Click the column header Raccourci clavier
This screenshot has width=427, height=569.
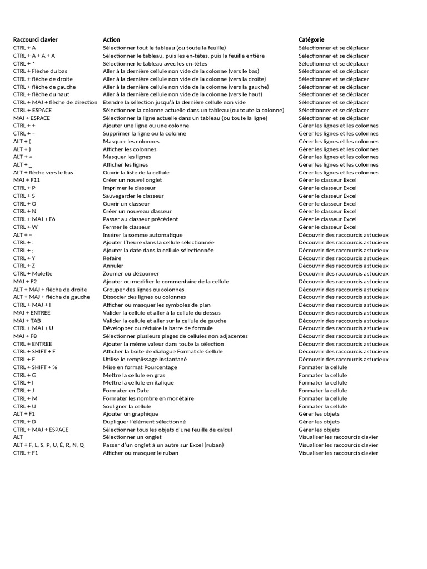click(35, 40)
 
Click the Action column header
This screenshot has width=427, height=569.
click(111, 40)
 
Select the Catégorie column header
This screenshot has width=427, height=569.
click(311, 40)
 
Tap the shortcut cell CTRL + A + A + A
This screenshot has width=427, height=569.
click(34, 56)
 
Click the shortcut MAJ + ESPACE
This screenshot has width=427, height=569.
click(32, 118)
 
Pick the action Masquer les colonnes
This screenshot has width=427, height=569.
click(131, 141)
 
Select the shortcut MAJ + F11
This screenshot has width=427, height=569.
click(27, 180)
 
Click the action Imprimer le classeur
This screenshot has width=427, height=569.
click(129, 188)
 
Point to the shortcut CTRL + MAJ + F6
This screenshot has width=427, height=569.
click(34, 219)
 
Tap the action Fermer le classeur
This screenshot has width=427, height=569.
click(126, 227)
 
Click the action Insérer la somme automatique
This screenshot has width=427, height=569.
click(142, 235)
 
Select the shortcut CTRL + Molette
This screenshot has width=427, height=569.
click(33, 274)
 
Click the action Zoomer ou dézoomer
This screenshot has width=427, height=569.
click(131, 274)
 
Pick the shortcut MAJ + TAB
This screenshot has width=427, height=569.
click(27, 321)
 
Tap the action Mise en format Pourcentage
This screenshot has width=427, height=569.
click(140, 367)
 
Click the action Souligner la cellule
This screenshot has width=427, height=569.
click(127, 406)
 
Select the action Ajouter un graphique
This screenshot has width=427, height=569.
click(130, 414)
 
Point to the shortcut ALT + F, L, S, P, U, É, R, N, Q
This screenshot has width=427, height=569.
click(49, 445)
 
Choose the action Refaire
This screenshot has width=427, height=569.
click(112, 258)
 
